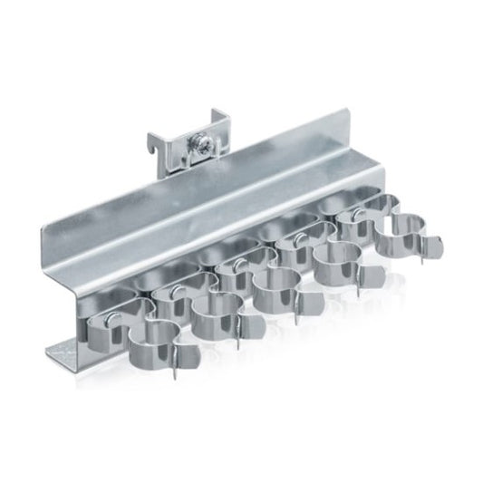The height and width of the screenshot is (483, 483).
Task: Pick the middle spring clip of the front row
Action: click(x=280, y=288)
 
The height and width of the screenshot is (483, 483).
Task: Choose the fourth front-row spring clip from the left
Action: click(x=337, y=262)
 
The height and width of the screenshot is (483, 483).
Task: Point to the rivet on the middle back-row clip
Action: click(x=237, y=264)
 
